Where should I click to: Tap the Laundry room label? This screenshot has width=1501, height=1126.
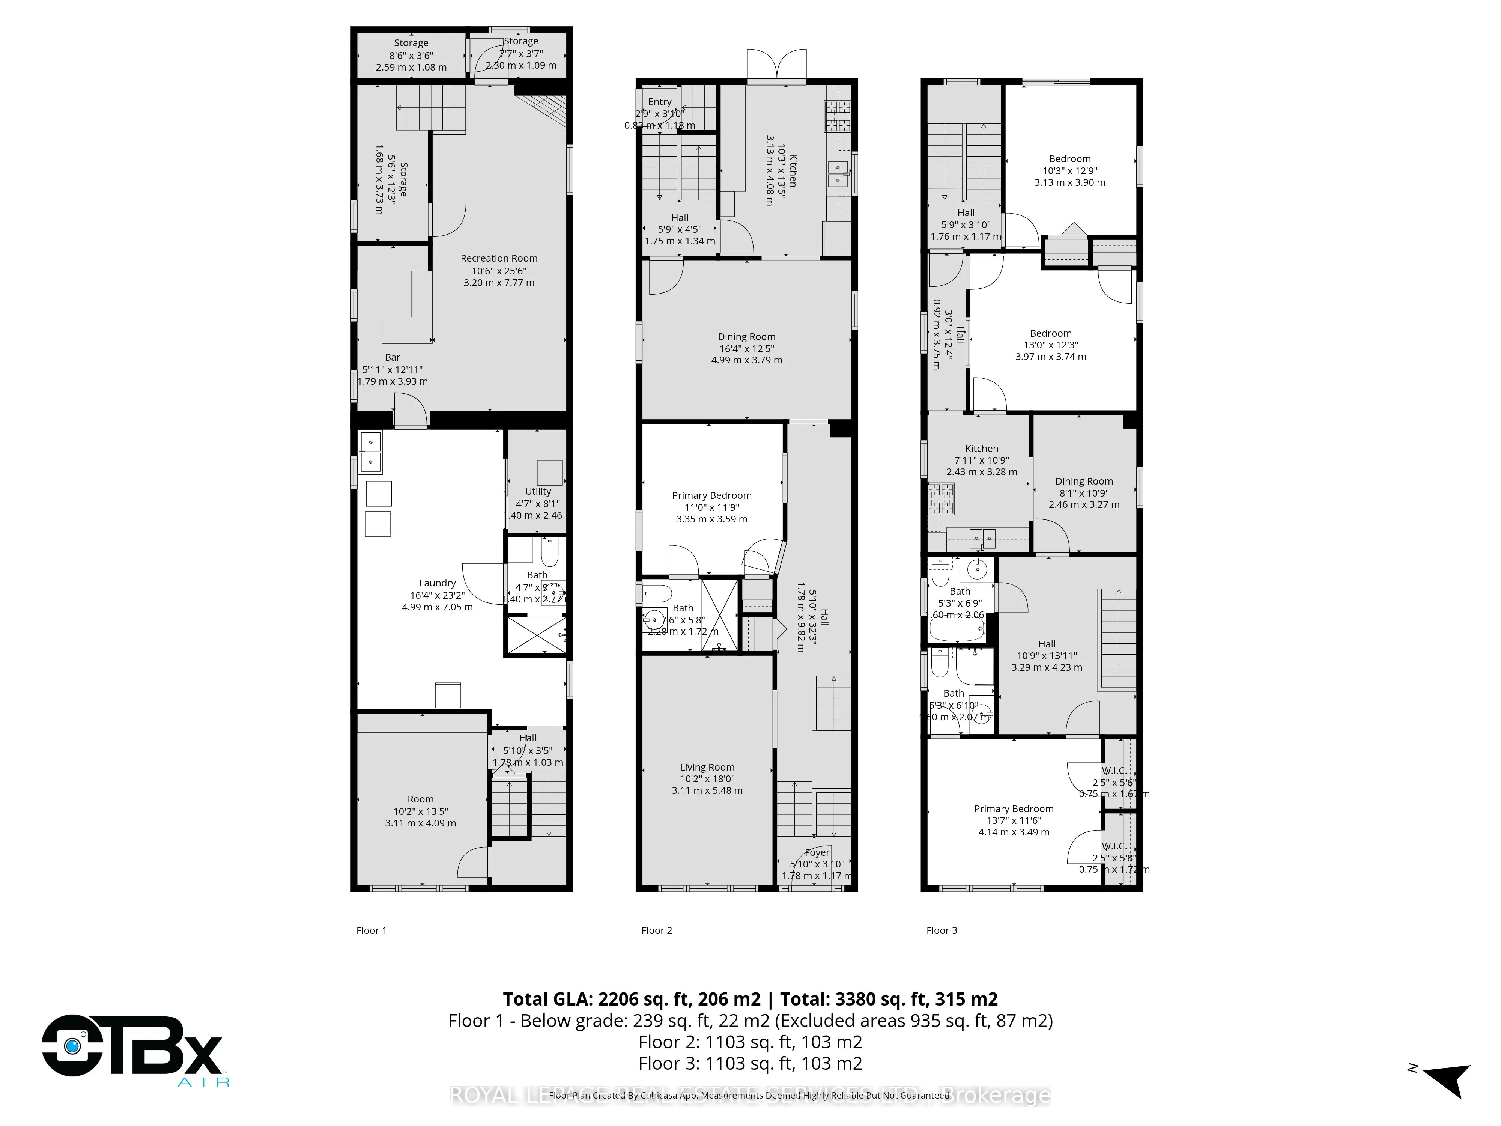(437, 583)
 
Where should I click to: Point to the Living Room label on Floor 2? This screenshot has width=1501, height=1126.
(707, 767)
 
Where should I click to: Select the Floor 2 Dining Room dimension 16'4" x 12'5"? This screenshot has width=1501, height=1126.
(746, 349)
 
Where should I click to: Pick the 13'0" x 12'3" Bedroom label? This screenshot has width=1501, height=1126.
(1050, 333)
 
